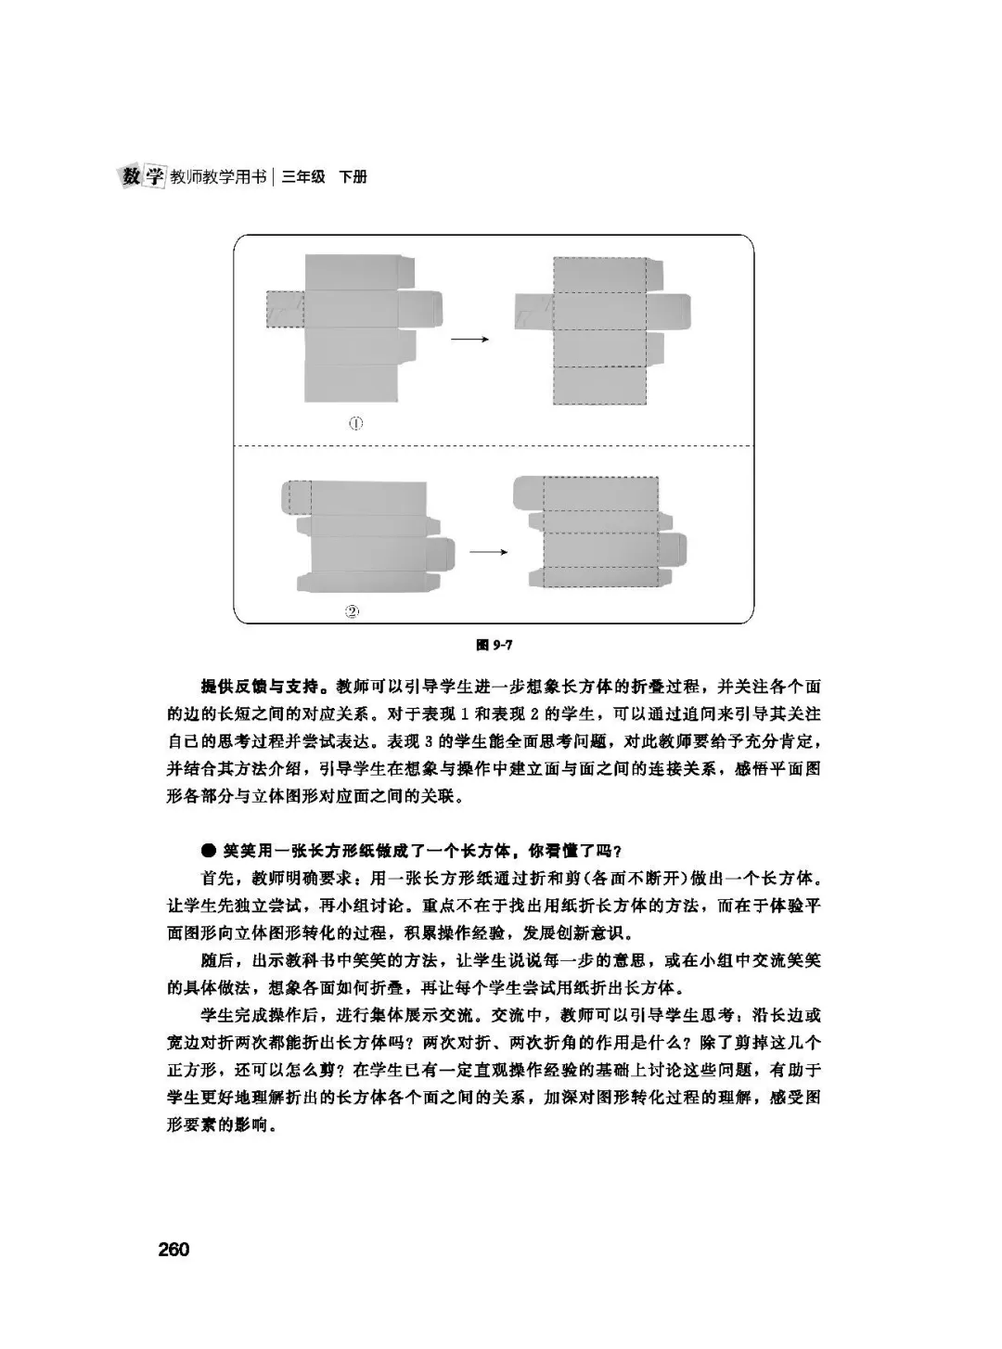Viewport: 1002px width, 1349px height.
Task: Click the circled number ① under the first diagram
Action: pyautogui.click(x=355, y=423)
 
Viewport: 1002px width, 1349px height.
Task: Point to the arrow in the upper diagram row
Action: pyautogui.click(x=469, y=339)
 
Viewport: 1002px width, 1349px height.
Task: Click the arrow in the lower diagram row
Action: pyautogui.click(x=488, y=551)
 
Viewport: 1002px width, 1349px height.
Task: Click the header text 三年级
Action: pyautogui.click(x=303, y=177)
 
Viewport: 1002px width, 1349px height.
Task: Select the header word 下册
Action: pyautogui.click(x=353, y=177)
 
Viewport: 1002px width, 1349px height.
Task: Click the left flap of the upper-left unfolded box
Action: pyautogui.click(x=284, y=309)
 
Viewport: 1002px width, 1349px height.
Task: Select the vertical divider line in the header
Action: pyautogui.click(x=274, y=177)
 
